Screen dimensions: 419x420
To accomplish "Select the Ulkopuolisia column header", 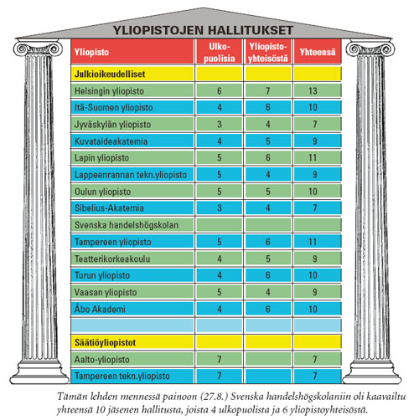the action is pos(219,52).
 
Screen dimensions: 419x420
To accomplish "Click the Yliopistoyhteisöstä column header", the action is pos(268,52).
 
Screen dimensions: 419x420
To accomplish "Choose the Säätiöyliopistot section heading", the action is pos(101,343).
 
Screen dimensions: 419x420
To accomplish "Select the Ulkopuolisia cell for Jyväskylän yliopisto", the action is pos(219,124).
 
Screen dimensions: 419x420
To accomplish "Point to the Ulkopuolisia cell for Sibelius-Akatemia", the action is pos(219,208).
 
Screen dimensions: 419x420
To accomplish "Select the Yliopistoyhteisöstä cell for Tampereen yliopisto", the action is pos(268,242).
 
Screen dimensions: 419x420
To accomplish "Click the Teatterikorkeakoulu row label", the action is pos(108,259).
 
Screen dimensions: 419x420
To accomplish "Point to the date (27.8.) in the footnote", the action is pos(185,392).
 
